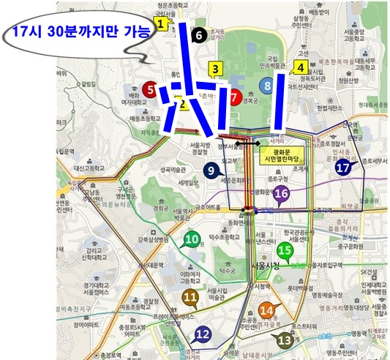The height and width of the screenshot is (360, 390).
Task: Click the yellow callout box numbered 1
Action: pyautogui.click(x=160, y=23)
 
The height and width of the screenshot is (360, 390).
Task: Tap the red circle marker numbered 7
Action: pyautogui.click(x=233, y=96)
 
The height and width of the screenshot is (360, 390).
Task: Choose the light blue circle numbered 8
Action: pyautogui.click(x=269, y=86)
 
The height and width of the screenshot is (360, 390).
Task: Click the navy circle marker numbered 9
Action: pyautogui.click(x=211, y=170)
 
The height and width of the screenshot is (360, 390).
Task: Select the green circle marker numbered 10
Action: pyautogui.click(x=192, y=239)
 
